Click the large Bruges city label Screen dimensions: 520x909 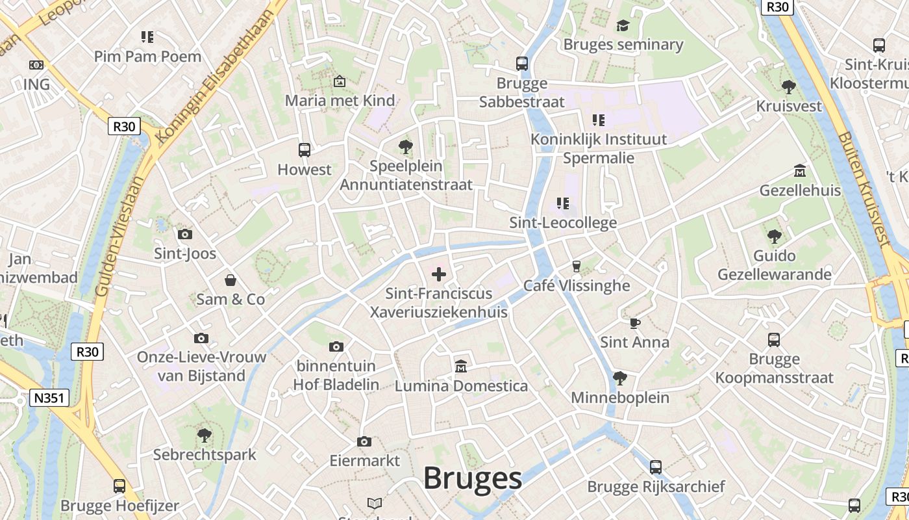(x=472, y=479)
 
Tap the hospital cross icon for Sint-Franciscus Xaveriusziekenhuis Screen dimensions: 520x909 (x=439, y=274)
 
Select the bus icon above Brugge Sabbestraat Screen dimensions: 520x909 (x=522, y=64)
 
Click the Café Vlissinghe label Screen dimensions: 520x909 (x=577, y=285)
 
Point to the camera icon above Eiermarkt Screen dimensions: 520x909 (x=364, y=442)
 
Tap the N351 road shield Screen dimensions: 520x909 (x=49, y=398)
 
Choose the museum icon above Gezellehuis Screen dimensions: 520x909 (x=800, y=171)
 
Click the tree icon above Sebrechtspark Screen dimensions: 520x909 (x=205, y=435)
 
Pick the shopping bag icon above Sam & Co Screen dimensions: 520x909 (x=230, y=280)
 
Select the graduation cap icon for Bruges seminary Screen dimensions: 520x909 (x=623, y=25)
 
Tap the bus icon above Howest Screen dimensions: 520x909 (x=304, y=150)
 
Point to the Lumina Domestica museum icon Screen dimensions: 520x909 (x=461, y=367)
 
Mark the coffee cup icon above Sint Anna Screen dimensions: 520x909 (x=634, y=323)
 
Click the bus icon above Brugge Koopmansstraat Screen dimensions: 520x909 (x=774, y=339)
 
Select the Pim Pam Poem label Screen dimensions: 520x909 (x=147, y=57)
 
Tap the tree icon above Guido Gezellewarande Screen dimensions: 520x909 (x=773, y=237)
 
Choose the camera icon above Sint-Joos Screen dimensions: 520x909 (x=185, y=234)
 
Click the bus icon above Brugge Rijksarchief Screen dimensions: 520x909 (x=656, y=467)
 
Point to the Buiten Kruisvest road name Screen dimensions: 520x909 (x=864, y=188)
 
